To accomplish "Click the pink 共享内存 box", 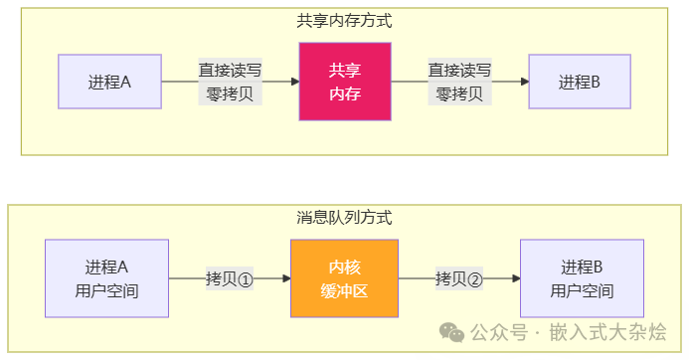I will (345, 82).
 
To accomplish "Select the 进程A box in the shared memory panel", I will (109, 82).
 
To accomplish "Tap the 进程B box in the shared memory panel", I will (579, 82).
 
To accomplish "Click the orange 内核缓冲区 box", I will (344, 279).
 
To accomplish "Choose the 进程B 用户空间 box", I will (582, 279).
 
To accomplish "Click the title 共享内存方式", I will (344, 20).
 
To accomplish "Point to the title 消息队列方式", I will (344, 217).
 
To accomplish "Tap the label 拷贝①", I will (230, 278).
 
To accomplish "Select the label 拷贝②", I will (458, 278).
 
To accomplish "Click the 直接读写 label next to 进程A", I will (230, 71).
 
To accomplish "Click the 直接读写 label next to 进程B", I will (460, 71).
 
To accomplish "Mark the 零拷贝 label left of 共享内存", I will (230, 94).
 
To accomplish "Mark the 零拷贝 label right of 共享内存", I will (460, 94).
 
